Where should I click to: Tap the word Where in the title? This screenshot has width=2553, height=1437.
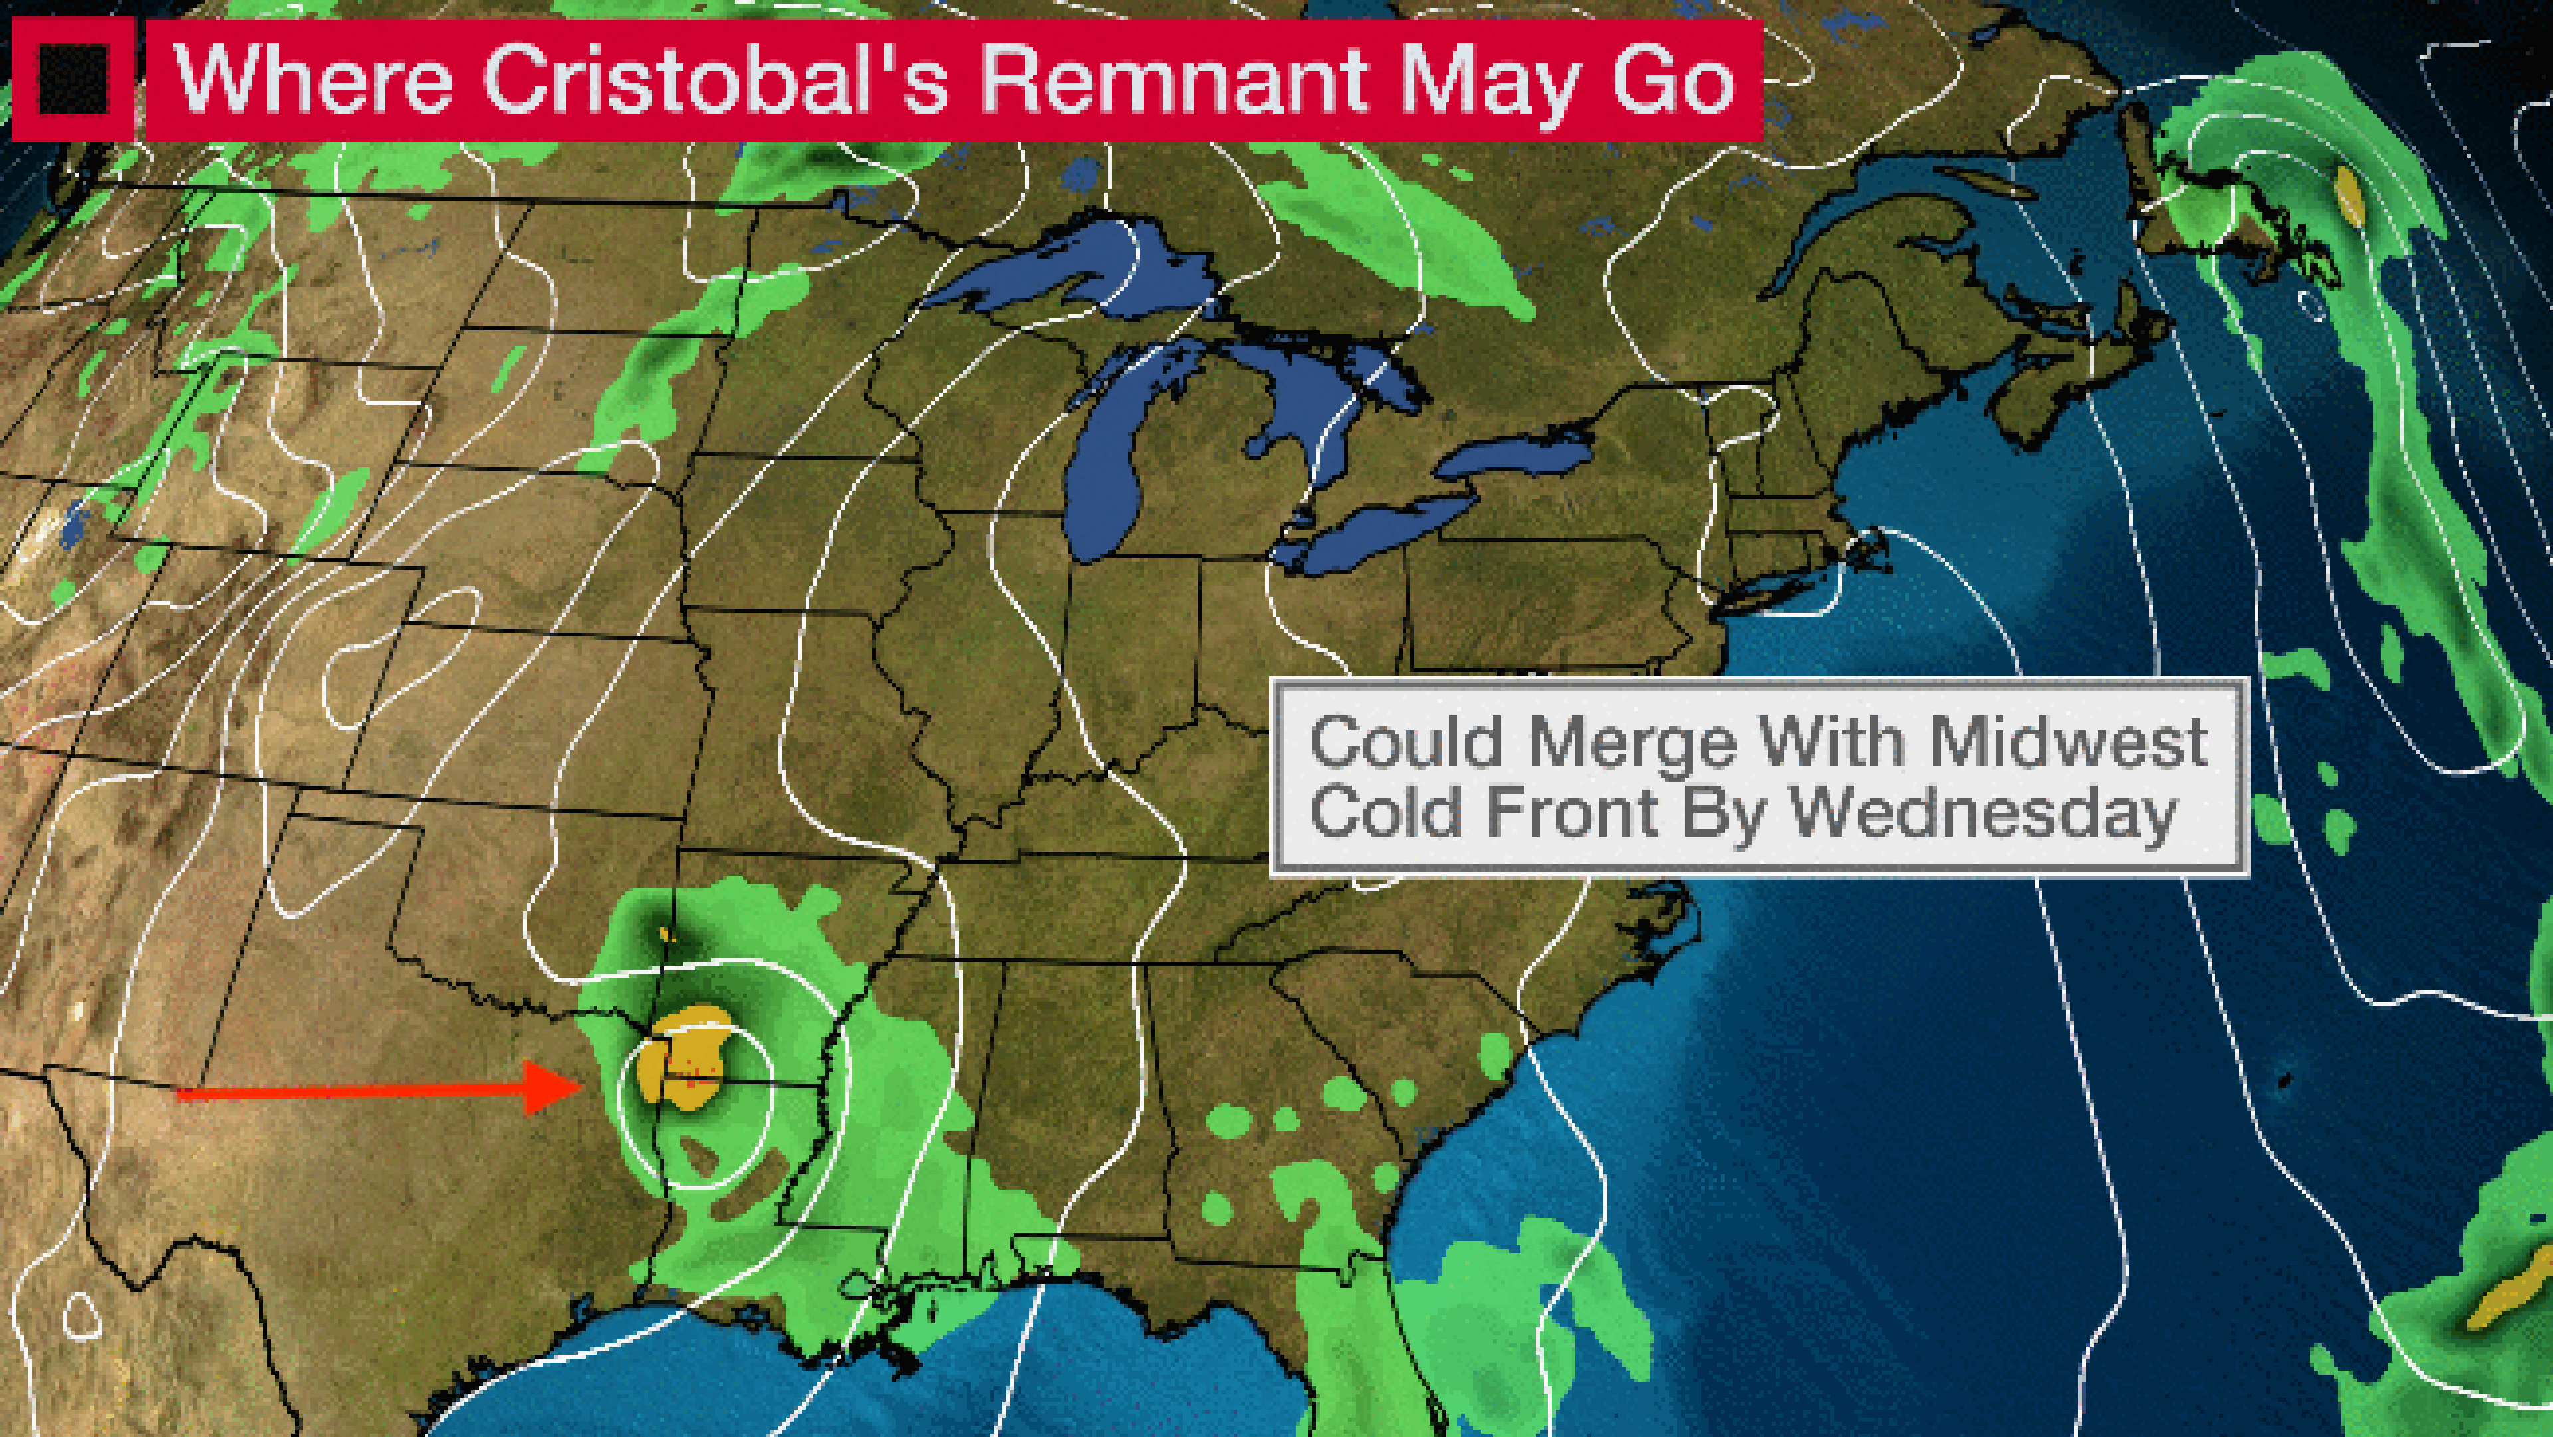click(313, 79)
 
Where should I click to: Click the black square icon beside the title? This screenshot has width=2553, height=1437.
click(72, 79)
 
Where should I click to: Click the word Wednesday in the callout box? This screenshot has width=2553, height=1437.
click(1982, 815)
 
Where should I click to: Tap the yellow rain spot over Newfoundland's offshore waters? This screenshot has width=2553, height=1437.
click(2349, 193)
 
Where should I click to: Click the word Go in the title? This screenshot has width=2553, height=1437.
click(1674, 79)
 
